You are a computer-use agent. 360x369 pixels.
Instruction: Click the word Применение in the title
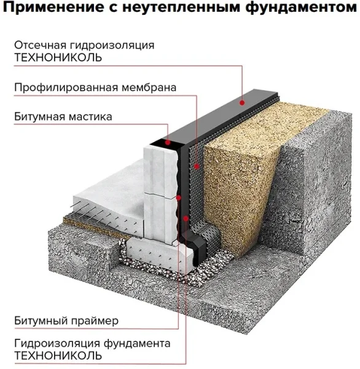[53, 7]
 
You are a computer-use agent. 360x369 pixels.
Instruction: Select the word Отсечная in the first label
[40, 45]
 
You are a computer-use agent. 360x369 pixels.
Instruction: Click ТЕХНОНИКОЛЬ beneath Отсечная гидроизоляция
[58, 57]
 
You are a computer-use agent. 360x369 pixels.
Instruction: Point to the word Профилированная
[66, 87]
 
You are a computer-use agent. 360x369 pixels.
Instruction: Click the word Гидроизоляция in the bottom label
[57, 344]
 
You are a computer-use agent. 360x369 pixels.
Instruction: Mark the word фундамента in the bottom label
[137, 344]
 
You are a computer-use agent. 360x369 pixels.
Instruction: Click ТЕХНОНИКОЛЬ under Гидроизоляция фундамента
[58, 355]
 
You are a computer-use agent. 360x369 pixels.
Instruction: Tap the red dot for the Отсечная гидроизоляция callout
[242, 103]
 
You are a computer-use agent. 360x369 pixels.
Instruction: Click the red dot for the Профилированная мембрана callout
[197, 167]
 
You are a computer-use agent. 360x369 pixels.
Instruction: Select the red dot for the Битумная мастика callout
[168, 143]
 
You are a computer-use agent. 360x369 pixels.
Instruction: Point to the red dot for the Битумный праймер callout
[179, 197]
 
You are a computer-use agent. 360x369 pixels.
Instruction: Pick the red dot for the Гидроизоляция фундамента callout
[186, 218]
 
